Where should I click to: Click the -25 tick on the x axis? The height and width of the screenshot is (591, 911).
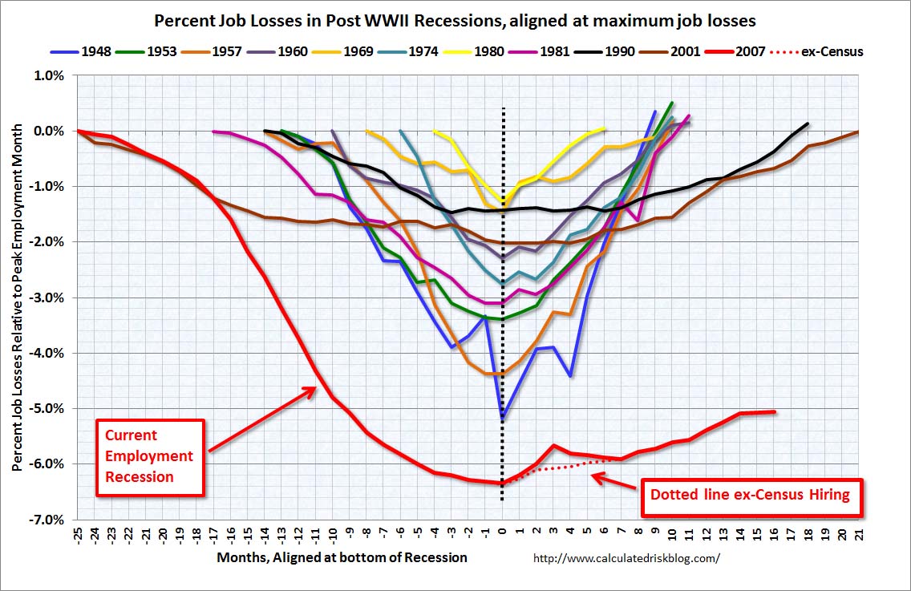79,536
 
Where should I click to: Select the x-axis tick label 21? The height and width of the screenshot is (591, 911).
859,534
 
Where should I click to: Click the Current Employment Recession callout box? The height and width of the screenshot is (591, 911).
150,456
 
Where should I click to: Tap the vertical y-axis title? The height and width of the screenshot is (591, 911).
17,297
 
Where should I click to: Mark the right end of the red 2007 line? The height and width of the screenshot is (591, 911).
775,412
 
